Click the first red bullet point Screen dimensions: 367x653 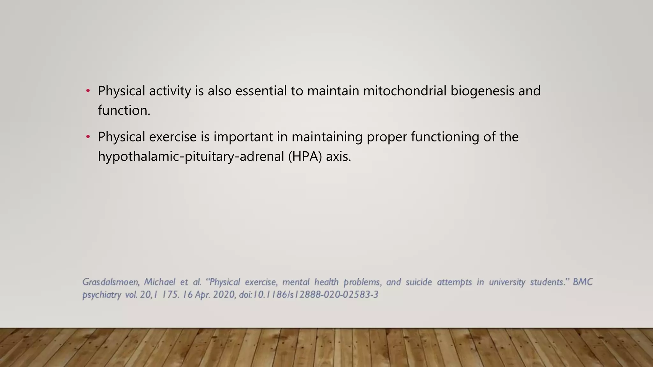pos(88,91)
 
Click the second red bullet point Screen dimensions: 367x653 pos(88,137)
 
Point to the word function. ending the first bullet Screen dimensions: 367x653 pos(124,111)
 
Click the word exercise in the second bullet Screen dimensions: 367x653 pos(173,137)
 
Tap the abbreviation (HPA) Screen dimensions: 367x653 pos(305,157)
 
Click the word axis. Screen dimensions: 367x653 pos(338,157)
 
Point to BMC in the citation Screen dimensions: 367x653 pos(583,282)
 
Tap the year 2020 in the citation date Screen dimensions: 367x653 pos(224,295)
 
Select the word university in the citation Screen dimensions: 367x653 pos(507,282)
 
